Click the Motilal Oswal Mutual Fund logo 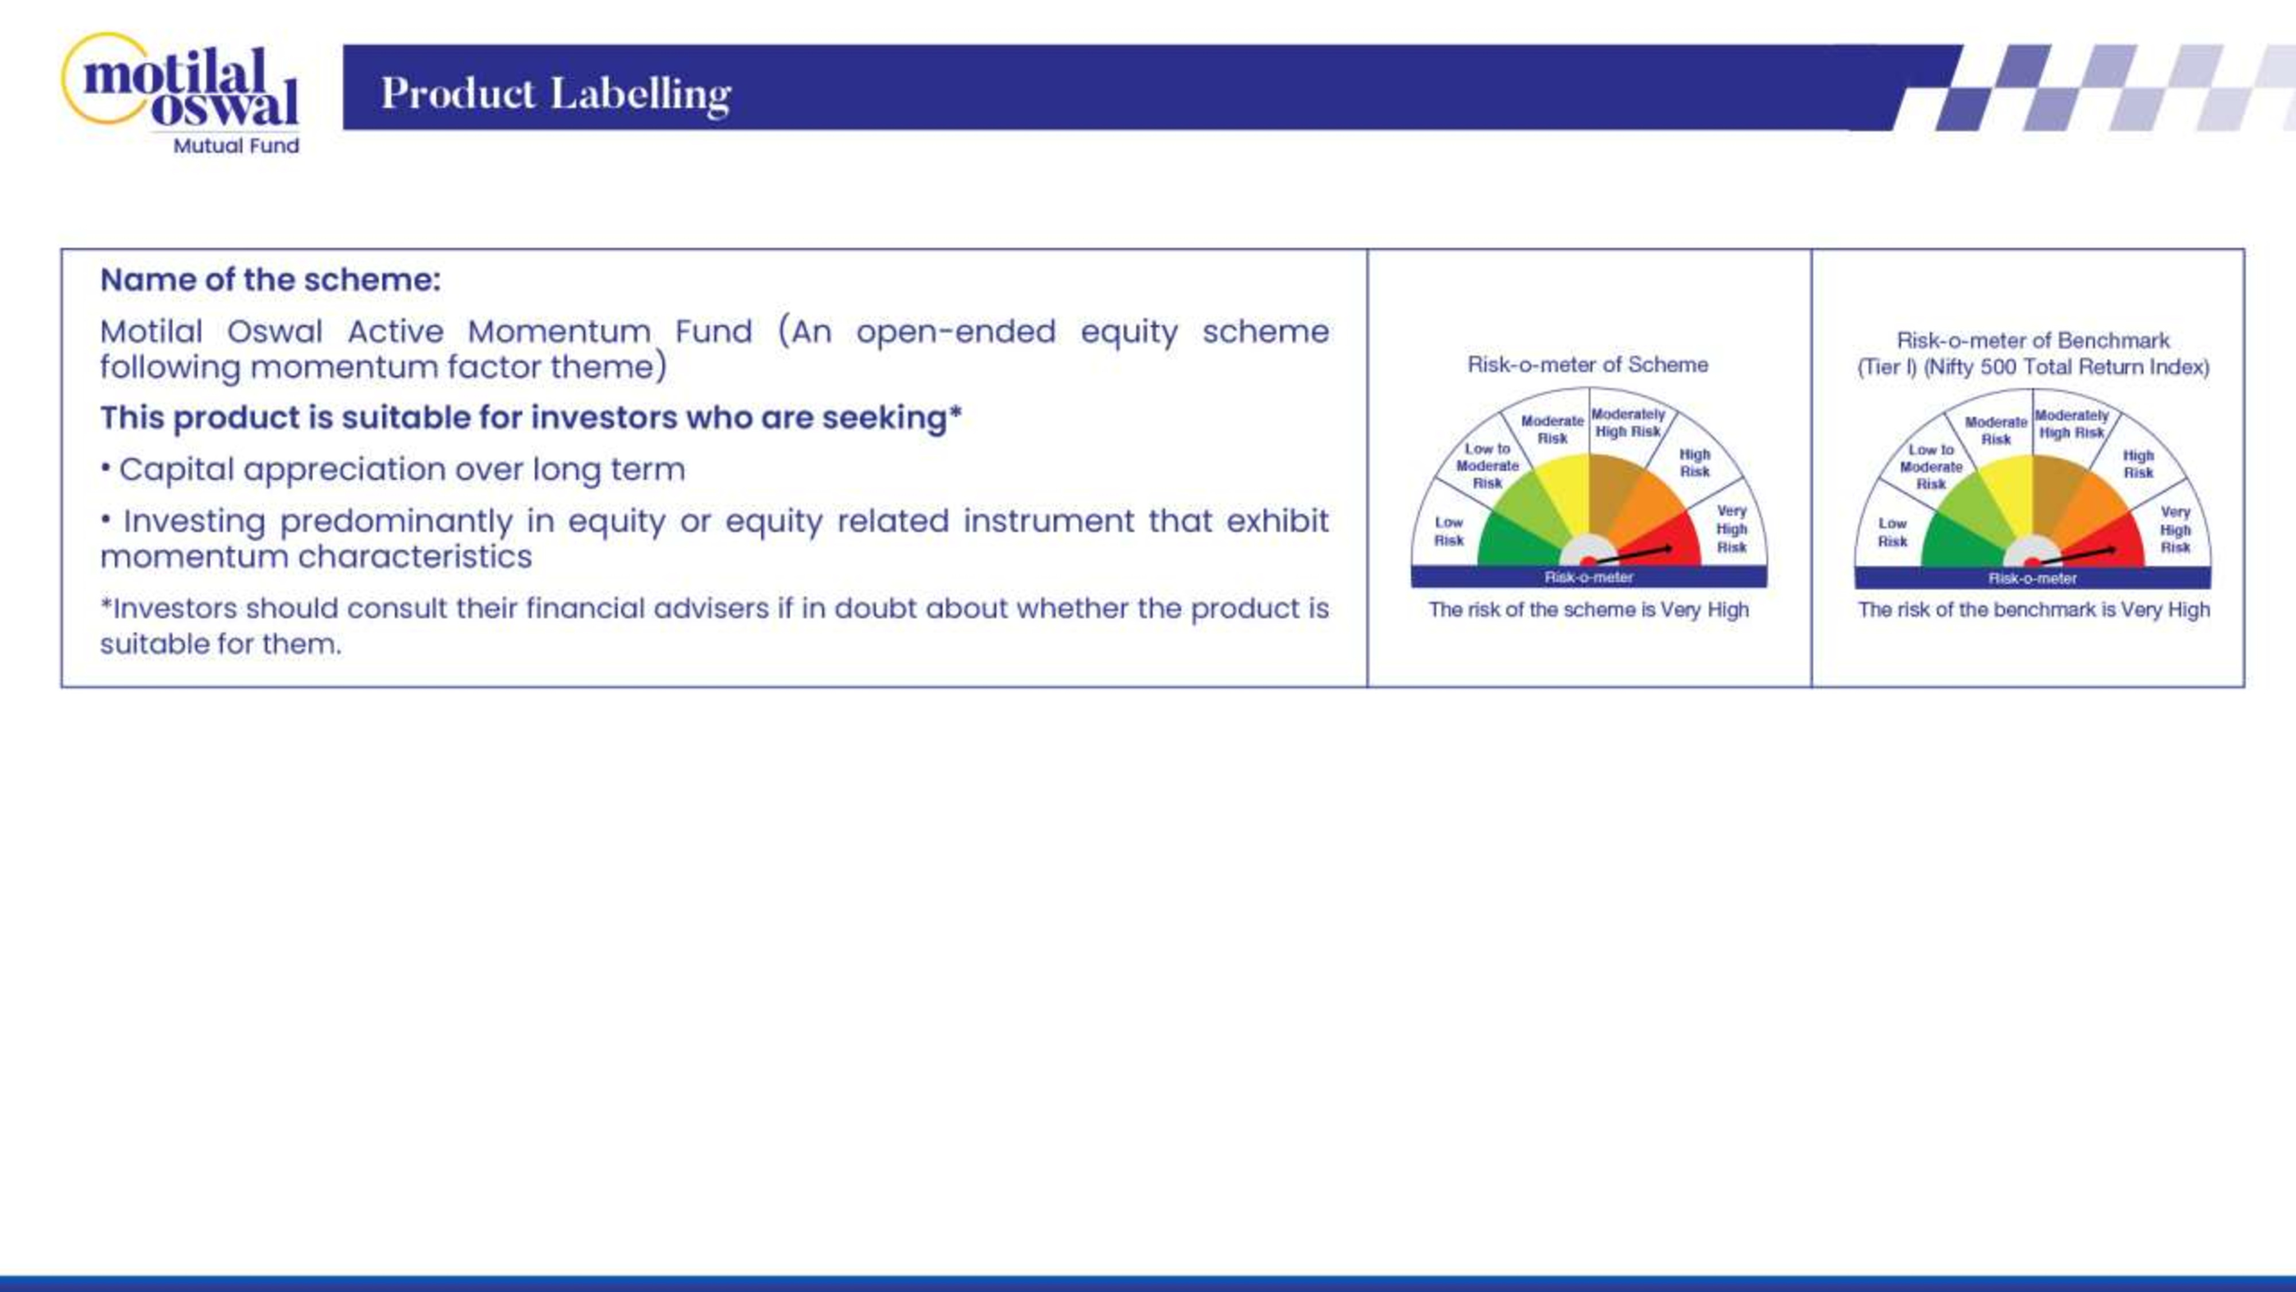[x=181, y=94]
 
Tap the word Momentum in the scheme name [x=560, y=332]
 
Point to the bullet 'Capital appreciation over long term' [x=393, y=470]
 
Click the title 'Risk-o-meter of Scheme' [x=1588, y=365]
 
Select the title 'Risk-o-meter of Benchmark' [x=2033, y=341]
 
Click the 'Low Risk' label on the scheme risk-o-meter [x=1448, y=531]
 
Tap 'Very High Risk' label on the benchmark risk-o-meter [x=2175, y=529]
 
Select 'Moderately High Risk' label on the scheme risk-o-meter [x=1627, y=423]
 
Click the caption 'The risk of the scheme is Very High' [x=1588, y=610]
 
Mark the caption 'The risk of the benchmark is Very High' [x=2033, y=610]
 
